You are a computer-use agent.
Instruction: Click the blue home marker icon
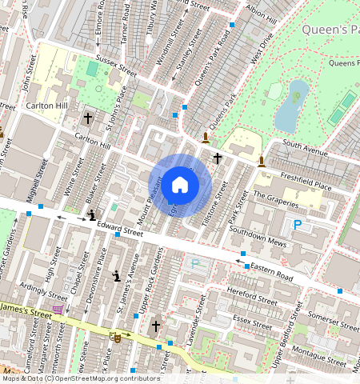(x=180, y=185)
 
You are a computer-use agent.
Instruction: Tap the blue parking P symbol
(x=298, y=226)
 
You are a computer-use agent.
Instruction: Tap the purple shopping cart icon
(x=58, y=309)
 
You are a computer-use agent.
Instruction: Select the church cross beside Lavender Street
(x=156, y=326)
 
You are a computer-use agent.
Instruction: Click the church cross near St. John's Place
(x=88, y=118)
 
